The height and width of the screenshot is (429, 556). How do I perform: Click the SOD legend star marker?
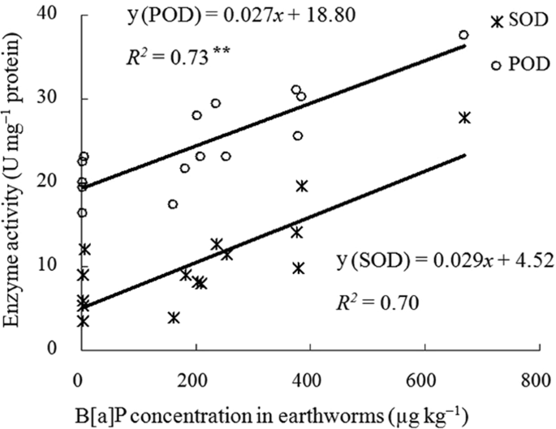click(496, 22)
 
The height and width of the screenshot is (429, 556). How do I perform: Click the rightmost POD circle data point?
click(463, 35)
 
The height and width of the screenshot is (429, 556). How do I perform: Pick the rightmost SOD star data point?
click(464, 118)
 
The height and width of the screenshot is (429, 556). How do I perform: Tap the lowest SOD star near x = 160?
click(173, 317)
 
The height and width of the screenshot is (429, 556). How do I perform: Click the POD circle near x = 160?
click(173, 204)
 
